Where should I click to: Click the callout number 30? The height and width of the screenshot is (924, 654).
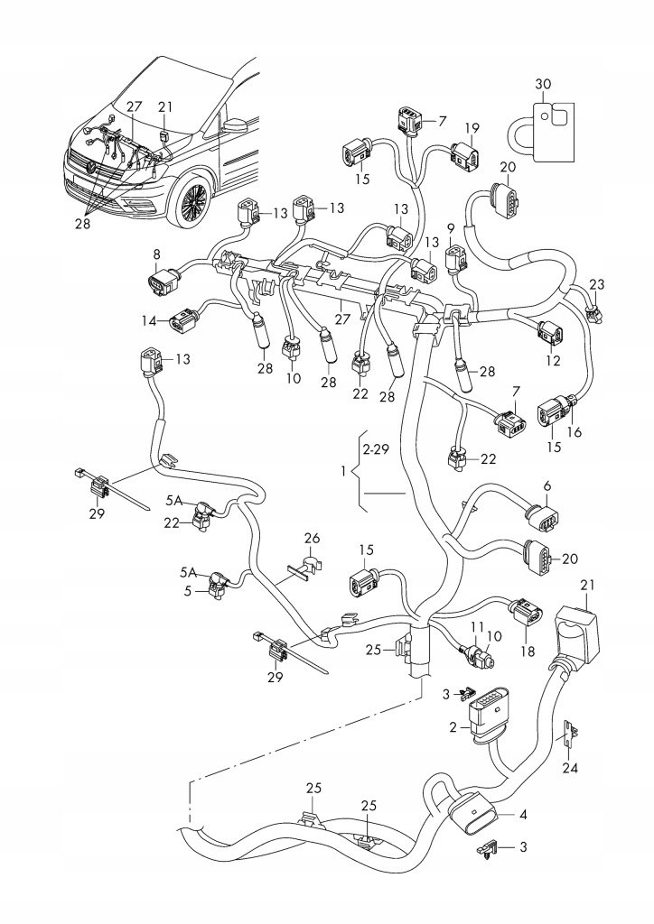click(542, 84)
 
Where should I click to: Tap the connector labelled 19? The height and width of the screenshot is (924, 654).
click(467, 159)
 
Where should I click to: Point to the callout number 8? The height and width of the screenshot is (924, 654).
click(156, 255)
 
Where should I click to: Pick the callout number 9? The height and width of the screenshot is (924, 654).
click(450, 227)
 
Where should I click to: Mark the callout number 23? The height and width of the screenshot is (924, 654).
click(595, 284)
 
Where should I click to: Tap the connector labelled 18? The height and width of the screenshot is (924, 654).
click(525, 617)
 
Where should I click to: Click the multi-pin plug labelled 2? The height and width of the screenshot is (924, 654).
click(484, 707)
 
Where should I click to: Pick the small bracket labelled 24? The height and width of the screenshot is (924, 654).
click(571, 735)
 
